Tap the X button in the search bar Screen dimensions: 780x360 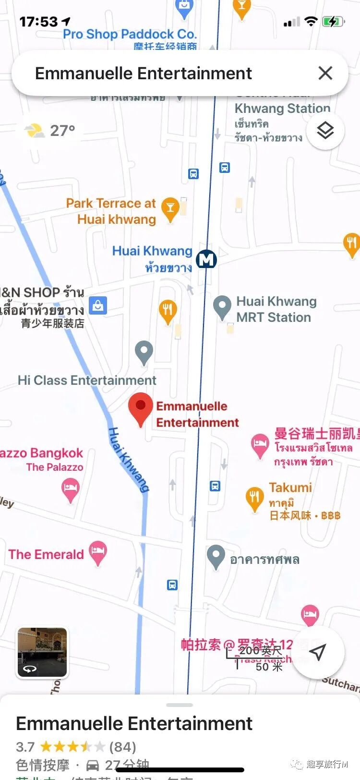[x=325, y=73]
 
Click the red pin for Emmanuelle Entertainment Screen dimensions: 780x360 [x=141, y=407]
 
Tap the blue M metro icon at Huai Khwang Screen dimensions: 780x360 [x=206, y=260]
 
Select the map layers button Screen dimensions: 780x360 [x=325, y=130]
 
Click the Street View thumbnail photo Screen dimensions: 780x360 [x=42, y=652]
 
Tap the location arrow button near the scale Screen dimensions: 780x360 [x=318, y=652]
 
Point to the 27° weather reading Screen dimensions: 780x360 [x=62, y=131]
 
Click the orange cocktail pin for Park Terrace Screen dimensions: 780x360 [x=170, y=208]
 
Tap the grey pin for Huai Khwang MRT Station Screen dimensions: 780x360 [x=222, y=306]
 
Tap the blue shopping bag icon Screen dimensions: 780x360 [x=98, y=305]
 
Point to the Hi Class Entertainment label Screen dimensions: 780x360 [x=87, y=380]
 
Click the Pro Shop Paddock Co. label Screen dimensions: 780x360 [x=130, y=34]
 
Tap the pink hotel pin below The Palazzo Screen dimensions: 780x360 [x=71, y=489]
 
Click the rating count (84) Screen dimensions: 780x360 [x=123, y=747]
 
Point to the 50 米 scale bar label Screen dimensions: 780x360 [x=269, y=667]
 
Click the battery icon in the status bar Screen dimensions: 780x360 [x=332, y=22]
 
